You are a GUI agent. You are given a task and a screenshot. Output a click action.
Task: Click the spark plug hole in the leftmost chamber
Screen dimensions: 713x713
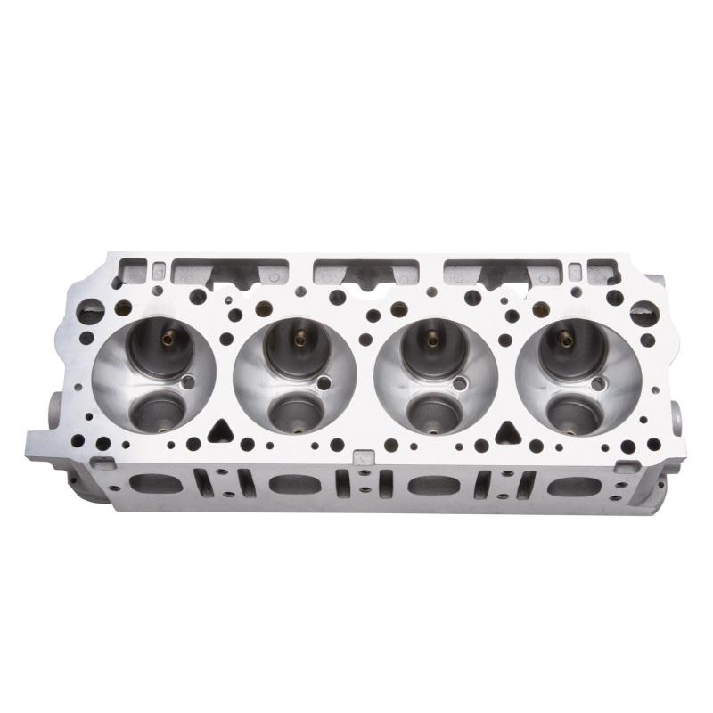click(186, 382)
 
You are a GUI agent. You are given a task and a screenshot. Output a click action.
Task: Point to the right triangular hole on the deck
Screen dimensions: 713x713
click(509, 432)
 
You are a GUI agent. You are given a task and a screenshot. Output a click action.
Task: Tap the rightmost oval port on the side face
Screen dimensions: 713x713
click(568, 487)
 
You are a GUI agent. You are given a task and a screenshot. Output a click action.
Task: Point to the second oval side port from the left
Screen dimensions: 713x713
click(287, 486)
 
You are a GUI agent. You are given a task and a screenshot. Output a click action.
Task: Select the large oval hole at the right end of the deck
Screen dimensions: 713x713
click(643, 312)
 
